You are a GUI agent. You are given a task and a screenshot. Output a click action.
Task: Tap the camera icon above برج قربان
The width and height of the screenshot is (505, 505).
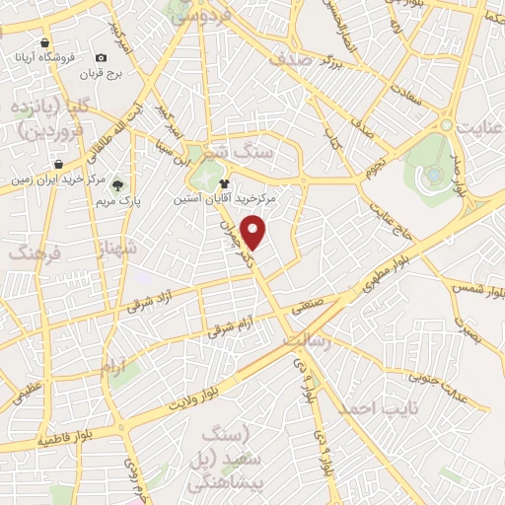point(102,59)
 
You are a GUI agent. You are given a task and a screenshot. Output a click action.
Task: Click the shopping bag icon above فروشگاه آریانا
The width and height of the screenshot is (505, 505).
point(45,43)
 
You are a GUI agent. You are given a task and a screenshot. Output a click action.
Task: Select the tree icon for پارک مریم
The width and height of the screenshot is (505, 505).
point(118,183)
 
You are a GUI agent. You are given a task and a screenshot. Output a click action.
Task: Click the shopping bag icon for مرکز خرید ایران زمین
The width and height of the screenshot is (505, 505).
point(58,164)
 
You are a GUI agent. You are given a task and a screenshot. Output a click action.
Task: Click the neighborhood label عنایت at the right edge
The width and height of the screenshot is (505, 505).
point(477,126)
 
